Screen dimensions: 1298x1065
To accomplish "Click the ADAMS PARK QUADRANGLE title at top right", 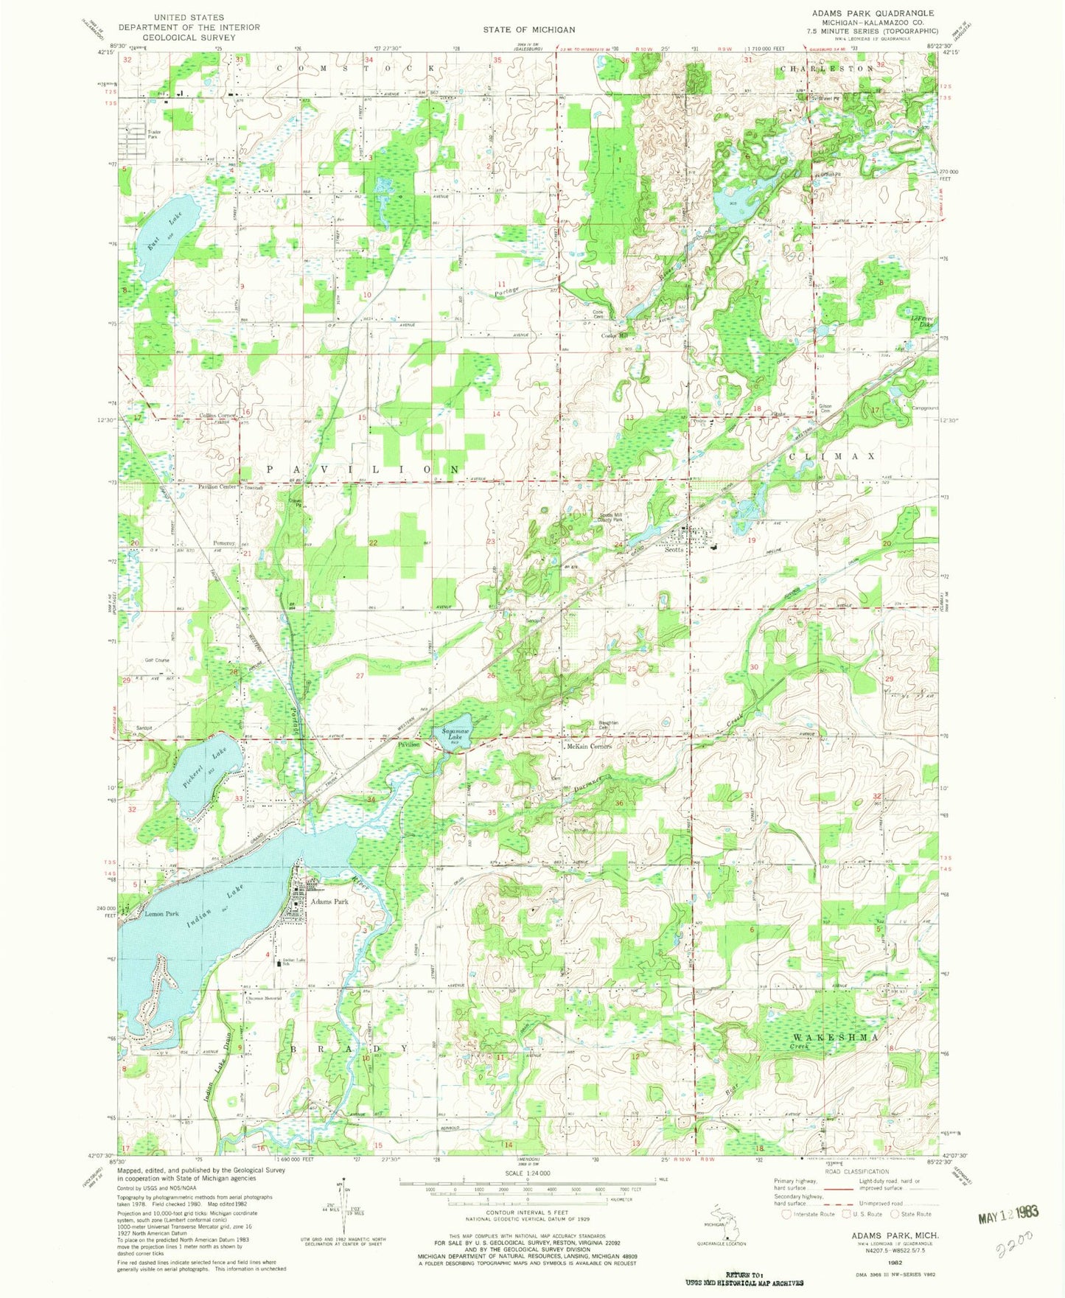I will tap(873, 13).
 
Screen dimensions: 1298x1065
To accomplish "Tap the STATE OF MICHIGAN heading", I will tap(529, 29).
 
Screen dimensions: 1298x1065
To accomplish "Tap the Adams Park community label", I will tap(329, 901).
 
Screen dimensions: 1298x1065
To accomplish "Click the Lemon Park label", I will tap(162, 914).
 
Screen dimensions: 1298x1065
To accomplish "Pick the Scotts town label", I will tap(674, 550).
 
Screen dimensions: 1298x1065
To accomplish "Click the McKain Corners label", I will tap(589, 747).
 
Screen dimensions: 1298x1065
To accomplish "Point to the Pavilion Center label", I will tap(217, 487).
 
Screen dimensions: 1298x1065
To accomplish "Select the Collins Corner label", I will tap(217, 416).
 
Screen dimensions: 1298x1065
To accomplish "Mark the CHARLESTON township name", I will tap(826, 69).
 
